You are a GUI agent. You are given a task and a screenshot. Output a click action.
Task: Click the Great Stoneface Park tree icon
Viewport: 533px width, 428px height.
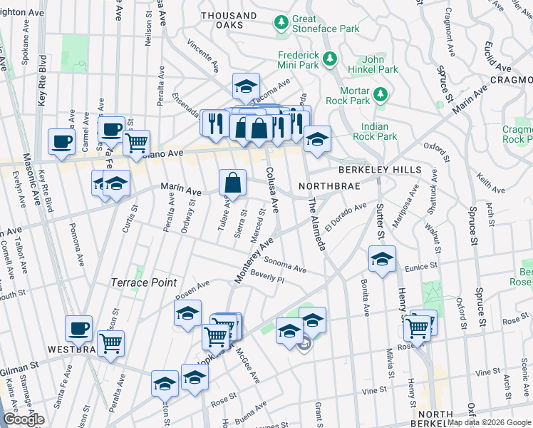(x=282, y=24)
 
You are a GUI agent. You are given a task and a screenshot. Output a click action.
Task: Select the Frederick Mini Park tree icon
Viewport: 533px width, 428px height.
(x=331, y=60)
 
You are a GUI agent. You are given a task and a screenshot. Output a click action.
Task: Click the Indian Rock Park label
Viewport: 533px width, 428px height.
(x=374, y=131)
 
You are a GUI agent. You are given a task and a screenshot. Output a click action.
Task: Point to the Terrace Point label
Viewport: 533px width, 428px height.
(x=143, y=282)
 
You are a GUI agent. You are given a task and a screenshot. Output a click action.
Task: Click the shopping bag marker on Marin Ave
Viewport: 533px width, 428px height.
(x=232, y=182)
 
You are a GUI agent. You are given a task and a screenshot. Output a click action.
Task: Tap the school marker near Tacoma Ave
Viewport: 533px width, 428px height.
(x=246, y=86)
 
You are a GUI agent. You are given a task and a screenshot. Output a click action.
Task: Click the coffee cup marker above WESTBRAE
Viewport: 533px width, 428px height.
(x=79, y=329)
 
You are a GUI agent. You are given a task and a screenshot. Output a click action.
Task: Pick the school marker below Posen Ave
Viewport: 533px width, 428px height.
(x=187, y=313)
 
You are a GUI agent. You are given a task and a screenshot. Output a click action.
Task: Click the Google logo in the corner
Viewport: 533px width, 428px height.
(x=24, y=419)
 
